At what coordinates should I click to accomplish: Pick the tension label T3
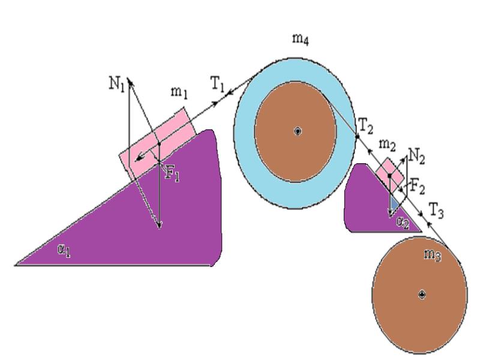(x=437, y=209)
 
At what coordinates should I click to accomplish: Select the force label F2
(x=418, y=187)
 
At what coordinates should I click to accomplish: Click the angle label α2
(x=403, y=222)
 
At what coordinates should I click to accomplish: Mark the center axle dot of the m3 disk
(x=422, y=294)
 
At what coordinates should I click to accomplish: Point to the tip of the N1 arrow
(x=129, y=77)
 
